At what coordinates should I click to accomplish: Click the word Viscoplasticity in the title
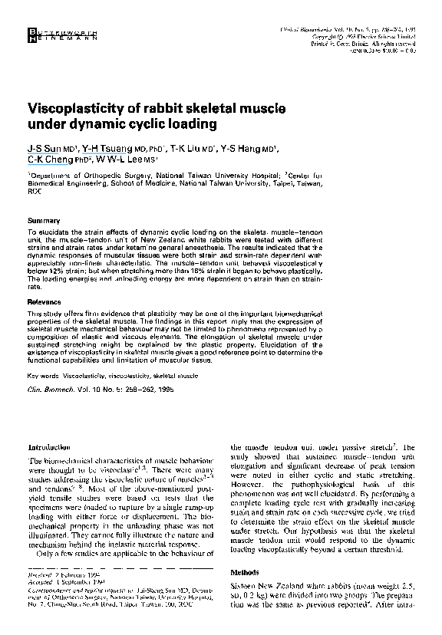75,106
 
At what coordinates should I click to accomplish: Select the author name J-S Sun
42,148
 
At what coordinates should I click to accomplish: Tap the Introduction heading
49,447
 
